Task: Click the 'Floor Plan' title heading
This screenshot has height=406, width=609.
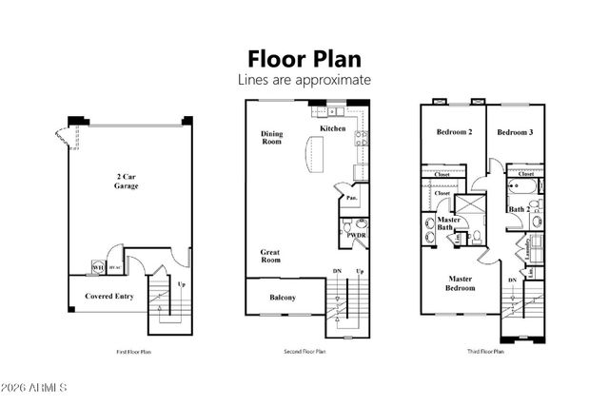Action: pyautogui.click(x=304, y=58)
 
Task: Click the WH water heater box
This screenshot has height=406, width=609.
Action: pyautogui.click(x=97, y=268)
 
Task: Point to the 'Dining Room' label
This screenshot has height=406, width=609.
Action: pyautogui.click(x=272, y=138)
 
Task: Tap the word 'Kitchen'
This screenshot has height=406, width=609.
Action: pyautogui.click(x=332, y=128)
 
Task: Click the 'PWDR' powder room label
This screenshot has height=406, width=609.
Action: pyautogui.click(x=357, y=234)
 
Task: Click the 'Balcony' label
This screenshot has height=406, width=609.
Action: pyautogui.click(x=282, y=298)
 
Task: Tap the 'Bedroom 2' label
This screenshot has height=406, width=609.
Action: pyautogui.click(x=455, y=132)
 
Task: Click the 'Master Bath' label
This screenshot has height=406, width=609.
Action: pyautogui.click(x=450, y=223)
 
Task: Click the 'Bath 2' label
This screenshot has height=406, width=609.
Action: pyautogui.click(x=520, y=209)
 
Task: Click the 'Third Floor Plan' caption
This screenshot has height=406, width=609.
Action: pyautogui.click(x=483, y=352)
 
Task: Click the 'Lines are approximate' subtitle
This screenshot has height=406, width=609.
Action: pyautogui.click(x=304, y=80)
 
